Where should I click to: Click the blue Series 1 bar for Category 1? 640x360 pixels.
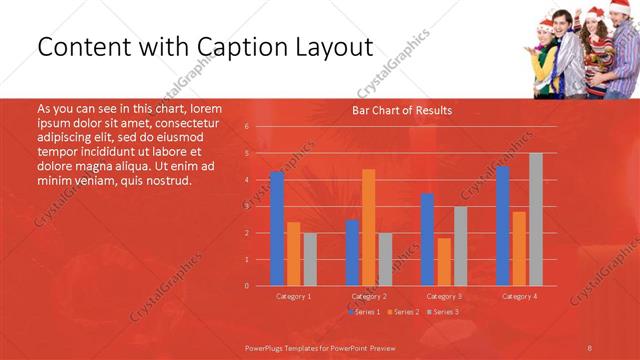[x=277, y=229]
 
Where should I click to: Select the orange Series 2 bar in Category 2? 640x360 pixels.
[x=369, y=227]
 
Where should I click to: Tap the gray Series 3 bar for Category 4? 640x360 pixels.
[x=535, y=219]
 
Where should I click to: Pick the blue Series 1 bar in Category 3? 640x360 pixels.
[x=427, y=240]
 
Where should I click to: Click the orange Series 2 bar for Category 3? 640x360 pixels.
[x=444, y=261]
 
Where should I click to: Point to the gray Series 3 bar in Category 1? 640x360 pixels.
[x=310, y=259]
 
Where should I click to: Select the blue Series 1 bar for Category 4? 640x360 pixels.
[x=502, y=226]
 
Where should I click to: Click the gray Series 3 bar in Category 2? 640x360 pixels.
[x=386, y=259]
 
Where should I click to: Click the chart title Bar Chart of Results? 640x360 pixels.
[x=401, y=111]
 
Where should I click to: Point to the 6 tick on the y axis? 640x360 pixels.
[x=246, y=127]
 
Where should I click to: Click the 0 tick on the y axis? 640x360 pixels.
[x=246, y=286]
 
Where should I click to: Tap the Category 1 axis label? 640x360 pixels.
[x=293, y=296]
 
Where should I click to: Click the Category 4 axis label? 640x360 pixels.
[x=519, y=296]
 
